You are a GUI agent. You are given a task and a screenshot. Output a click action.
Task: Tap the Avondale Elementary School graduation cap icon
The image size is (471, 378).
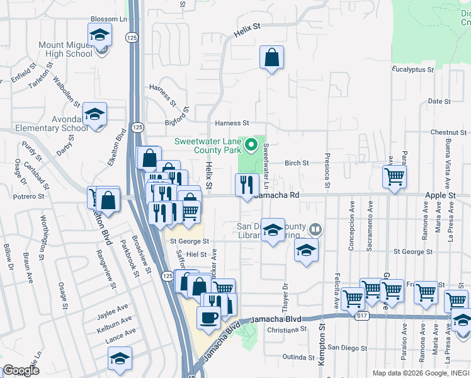coord(94,115)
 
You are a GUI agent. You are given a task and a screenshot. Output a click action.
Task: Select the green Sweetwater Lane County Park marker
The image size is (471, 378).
coord(251,146)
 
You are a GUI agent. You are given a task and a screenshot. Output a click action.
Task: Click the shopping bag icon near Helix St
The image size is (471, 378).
coord(271,59)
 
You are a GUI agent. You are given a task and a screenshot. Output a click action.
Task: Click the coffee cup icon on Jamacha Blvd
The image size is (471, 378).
coord(208,318)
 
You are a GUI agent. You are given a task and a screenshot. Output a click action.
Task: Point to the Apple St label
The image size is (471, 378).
coord(440,196)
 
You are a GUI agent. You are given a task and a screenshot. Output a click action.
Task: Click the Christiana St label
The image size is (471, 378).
coord(287,329)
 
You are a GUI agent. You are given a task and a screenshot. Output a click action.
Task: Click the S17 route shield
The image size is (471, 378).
coord(361,316)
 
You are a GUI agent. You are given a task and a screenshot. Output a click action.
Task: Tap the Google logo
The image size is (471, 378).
coord(21,370)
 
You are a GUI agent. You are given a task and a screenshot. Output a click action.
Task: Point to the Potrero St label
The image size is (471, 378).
coord(29,197)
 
